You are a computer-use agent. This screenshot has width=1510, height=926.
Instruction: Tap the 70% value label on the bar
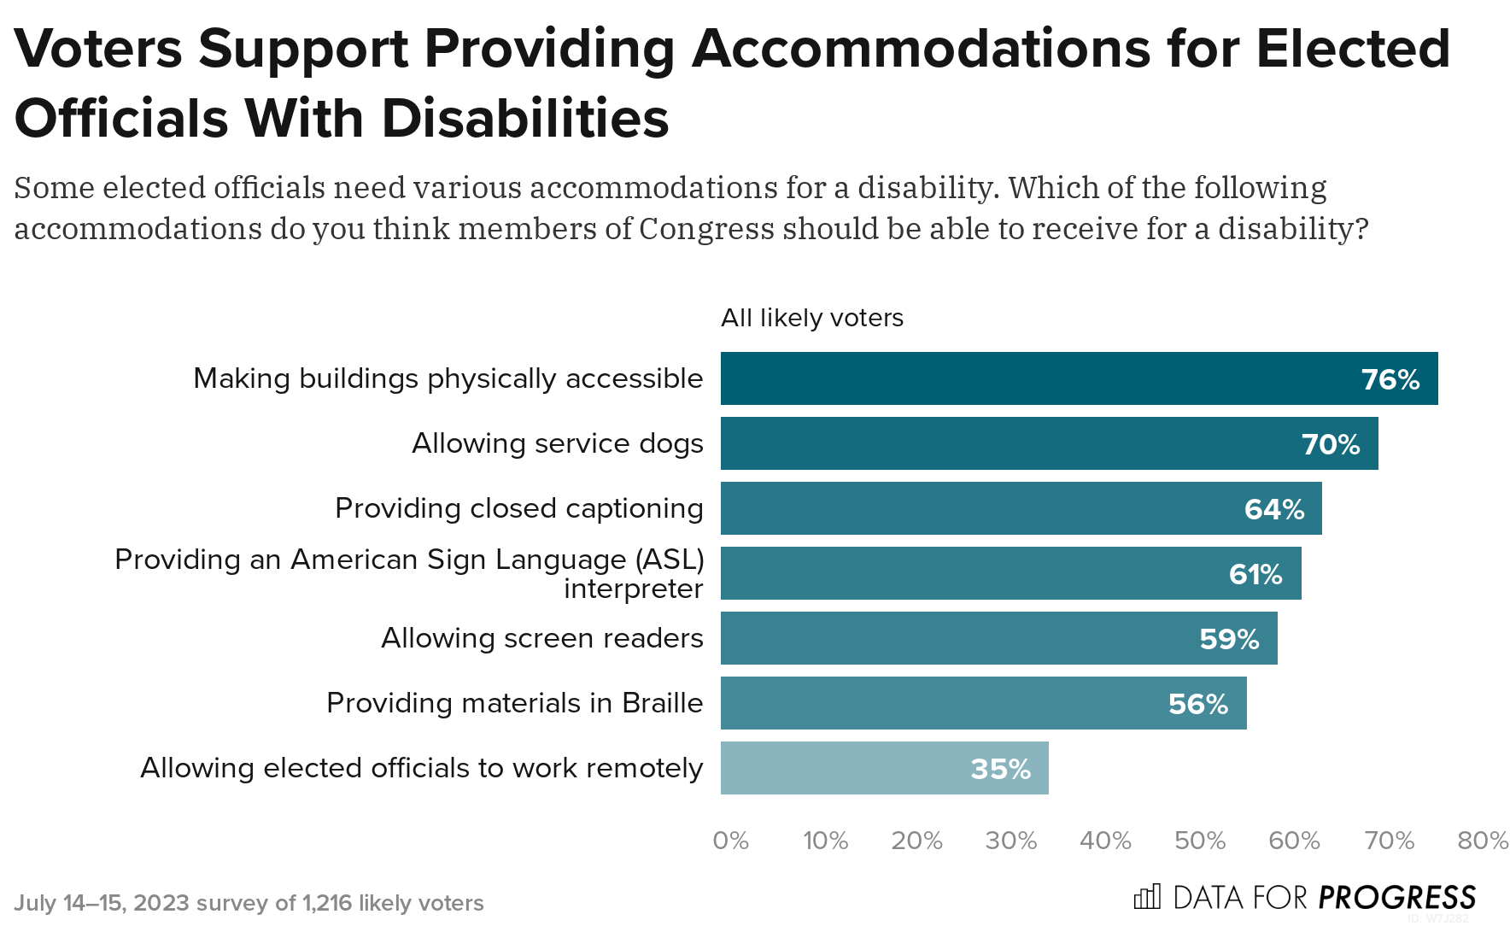pos(1330,444)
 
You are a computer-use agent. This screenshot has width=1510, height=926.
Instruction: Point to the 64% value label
pos(1273,509)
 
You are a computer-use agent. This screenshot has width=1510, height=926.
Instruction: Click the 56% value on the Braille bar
pos(1197,704)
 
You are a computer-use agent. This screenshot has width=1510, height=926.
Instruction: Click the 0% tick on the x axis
pos(730,841)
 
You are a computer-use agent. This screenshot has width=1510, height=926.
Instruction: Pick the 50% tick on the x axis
pos(1199,841)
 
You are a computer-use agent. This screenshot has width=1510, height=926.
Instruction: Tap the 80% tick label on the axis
pos(1482,841)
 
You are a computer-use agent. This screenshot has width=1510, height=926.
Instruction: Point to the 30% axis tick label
pos(1010,841)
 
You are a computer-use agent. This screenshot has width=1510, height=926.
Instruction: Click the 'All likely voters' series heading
pos(811,318)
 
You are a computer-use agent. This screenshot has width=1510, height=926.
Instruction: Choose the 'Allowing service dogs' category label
pos(557,443)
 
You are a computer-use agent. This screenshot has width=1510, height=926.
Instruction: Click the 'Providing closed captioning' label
pos(518,508)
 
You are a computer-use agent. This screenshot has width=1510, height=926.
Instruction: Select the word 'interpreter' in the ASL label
pos(633,589)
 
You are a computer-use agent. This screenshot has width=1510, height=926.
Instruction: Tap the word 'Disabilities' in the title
pos(524,118)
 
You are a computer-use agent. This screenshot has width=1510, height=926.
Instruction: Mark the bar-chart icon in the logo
pos(1146,897)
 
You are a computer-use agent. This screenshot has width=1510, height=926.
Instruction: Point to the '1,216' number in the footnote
pos(327,903)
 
